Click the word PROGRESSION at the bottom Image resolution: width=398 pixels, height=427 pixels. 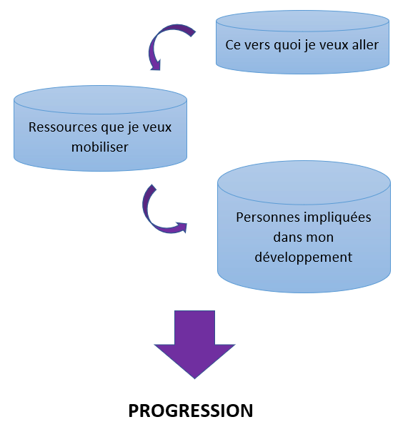click(x=191, y=411)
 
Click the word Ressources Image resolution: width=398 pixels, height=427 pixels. click(x=63, y=127)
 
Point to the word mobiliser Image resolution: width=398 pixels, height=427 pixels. click(x=99, y=147)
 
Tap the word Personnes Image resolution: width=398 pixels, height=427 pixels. click(x=268, y=217)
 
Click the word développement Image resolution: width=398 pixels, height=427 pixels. click(x=304, y=257)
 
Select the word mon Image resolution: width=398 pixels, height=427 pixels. click(x=320, y=238)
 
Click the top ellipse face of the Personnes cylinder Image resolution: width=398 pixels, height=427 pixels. click(x=304, y=182)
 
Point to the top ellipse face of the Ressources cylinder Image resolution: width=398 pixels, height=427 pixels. click(x=100, y=99)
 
